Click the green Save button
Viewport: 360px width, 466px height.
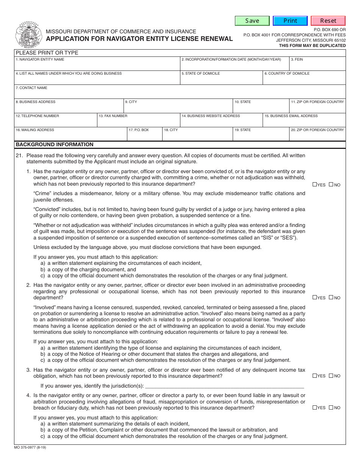[252, 21]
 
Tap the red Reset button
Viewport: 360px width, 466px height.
[328, 21]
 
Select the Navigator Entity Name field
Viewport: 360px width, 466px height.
[97, 65]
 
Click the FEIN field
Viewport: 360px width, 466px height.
[318, 65]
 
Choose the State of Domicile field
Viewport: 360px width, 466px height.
[221, 79]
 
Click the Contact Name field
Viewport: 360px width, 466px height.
[180, 93]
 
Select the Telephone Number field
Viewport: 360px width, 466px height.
[56, 122]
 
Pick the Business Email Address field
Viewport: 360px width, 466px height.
[304, 122]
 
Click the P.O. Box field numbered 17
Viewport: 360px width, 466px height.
[145, 136]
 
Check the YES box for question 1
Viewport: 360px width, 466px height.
[315, 185]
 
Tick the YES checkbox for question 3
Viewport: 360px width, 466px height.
[315, 376]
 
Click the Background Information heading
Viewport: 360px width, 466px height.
[55, 144]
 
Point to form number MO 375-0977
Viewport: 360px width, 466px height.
[30, 447]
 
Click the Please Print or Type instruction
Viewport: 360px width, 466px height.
[47, 53]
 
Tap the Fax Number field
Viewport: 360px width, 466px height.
[138, 122]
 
